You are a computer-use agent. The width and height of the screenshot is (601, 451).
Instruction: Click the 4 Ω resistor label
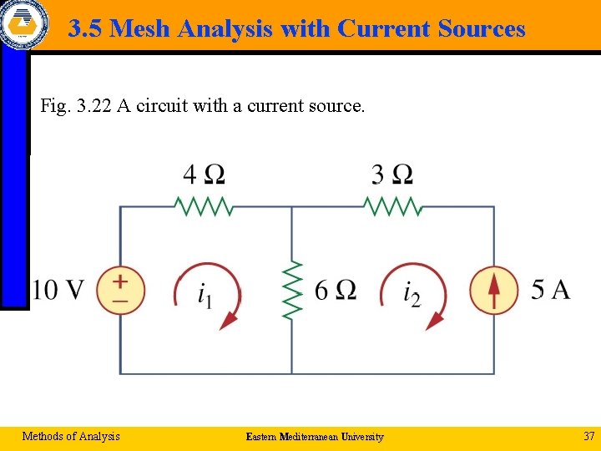click(x=204, y=175)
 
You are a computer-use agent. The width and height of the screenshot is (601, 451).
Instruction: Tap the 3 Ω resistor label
click(x=391, y=175)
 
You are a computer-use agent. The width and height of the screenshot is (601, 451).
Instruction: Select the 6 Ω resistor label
click(x=336, y=290)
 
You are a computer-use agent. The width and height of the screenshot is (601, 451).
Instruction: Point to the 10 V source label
click(x=58, y=290)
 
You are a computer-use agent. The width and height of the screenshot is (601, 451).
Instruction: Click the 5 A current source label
click(x=550, y=290)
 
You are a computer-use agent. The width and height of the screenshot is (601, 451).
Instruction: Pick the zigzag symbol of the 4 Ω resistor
click(x=204, y=205)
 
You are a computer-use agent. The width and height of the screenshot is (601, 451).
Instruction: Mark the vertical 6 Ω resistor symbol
click(x=292, y=290)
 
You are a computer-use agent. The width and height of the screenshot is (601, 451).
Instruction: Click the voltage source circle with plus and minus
click(x=120, y=290)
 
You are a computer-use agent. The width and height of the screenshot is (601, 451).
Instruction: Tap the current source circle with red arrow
click(x=493, y=290)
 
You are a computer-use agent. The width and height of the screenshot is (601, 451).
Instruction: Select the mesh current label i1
click(x=205, y=295)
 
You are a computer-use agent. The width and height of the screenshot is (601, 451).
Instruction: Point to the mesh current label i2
click(x=412, y=295)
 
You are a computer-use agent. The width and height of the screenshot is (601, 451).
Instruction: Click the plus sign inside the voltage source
click(x=120, y=281)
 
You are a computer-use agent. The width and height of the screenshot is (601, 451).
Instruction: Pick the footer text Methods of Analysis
click(x=71, y=436)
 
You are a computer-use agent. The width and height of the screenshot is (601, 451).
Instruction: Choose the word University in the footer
click(x=361, y=437)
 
